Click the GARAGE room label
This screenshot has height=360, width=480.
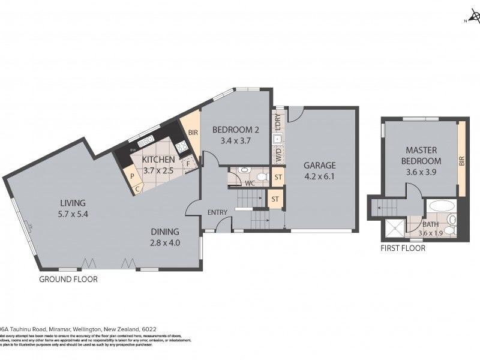coord(319,166)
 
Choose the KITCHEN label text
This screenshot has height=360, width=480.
coord(158,160)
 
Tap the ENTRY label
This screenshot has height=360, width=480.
coord(217,213)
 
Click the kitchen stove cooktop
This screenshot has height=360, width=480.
coord(181,146)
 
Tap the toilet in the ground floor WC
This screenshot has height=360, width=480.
coord(244,170)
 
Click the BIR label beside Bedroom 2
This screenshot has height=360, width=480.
coord(193,133)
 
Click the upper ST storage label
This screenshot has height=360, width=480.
coord(277,177)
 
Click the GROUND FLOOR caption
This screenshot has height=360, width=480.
coord(68,279)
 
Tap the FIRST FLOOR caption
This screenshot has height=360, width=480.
coord(403,248)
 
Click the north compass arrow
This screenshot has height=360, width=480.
coord(472,19)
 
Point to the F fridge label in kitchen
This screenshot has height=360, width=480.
coord(188,163)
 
